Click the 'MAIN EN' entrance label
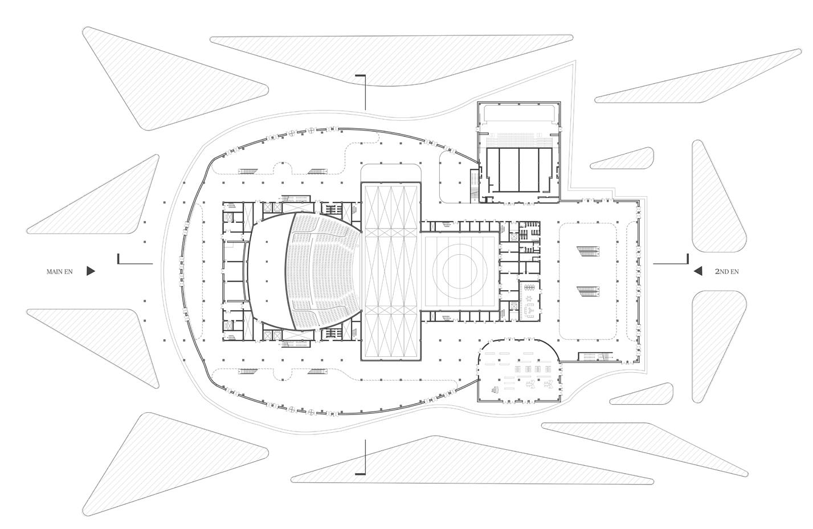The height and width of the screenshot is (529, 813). [60, 272]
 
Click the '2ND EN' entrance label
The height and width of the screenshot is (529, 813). [726, 272]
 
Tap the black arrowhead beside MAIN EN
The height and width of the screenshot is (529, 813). [91, 271]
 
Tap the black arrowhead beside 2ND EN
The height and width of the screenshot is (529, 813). [697, 271]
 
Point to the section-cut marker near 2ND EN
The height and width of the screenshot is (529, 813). [672, 261]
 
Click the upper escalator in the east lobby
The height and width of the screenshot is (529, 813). [587, 251]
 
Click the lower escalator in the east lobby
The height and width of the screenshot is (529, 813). [587, 291]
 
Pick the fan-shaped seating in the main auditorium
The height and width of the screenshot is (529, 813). [325, 271]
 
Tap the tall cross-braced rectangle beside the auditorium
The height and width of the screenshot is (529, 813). [391, 271]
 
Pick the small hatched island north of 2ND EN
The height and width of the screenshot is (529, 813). [624, 159]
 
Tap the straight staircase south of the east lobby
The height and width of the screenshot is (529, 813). [595, 357]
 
